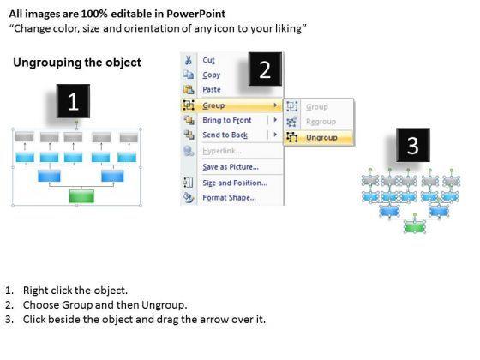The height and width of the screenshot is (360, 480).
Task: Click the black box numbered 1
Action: pos(73,101)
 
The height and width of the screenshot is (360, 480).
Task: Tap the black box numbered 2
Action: pos(265,69)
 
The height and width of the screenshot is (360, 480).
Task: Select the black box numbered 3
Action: pos(413,145)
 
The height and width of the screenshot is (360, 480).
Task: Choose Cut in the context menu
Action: pos(208,60)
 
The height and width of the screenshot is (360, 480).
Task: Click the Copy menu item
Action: pos(211,75)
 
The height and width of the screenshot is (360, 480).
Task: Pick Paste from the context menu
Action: pos(212,90)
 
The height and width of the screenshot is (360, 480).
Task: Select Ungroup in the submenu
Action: pos(321,138)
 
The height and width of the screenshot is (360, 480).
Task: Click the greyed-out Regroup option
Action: pos(321,122)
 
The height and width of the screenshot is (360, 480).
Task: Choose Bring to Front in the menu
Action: pos(227,120)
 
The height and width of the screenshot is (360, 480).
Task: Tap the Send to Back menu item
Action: pos(225,135)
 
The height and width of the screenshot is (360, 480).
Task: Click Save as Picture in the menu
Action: pos(231,167)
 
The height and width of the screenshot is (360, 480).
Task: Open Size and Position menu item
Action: pos(235,183)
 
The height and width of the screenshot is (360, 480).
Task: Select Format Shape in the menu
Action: pos(230,198)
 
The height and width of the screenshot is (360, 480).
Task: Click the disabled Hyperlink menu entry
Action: pos(222,151)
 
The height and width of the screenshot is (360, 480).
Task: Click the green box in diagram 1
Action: pos(81,196)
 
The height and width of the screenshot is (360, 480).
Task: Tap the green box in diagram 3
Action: pos(415,227)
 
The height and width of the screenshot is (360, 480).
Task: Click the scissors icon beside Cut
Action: pos(188,60)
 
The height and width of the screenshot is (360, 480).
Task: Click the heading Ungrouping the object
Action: pos(77,63)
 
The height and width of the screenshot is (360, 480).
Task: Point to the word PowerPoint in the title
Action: pos(195,14)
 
